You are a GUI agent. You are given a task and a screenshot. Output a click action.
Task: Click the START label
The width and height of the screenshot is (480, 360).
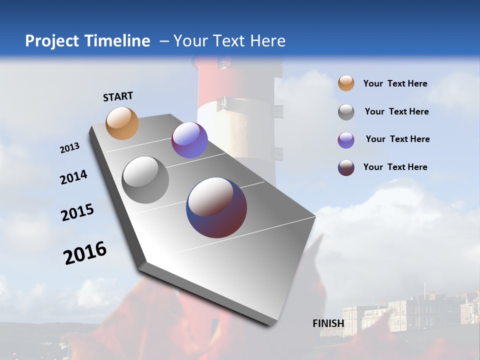click(x=118, y=96)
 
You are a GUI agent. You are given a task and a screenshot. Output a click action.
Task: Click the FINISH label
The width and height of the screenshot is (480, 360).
click(x=328, y=323)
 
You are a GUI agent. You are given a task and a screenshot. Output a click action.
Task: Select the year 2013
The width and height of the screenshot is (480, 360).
click(x=70, y=148)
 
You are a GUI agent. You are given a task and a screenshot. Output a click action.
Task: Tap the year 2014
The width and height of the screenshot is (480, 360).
click(x=74, y=177)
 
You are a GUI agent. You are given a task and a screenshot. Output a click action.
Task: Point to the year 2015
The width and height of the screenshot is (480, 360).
click(x=77, y=212)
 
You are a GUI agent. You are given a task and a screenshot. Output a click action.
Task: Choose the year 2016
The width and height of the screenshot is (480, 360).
click(x=85, y=252)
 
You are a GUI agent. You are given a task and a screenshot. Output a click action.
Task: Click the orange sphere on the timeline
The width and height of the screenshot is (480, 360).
click(x=122, y=123)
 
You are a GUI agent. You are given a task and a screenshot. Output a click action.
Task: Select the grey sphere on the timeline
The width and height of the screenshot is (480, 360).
click(x=145, y=180)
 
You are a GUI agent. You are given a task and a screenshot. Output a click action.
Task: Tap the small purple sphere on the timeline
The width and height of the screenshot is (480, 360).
click(x=189, y=140)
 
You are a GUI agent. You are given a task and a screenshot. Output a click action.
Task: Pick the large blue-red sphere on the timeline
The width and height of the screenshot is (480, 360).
click(x=216, y=207)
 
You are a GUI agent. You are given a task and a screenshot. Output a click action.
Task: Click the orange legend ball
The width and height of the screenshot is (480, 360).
click(x=346, y=83)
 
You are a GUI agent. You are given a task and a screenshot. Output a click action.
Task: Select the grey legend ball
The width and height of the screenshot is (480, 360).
click(x=346, y=112)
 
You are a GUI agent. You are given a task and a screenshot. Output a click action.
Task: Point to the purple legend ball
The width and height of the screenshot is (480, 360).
click(x=346, y=140)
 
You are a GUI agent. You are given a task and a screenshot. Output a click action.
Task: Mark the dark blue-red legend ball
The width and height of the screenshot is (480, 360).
click(x=346, y=167)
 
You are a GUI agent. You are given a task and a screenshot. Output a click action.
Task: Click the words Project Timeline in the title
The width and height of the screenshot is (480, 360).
click(x=87, y=41)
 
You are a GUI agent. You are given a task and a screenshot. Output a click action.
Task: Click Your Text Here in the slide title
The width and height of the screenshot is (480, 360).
click(x=229, y=41)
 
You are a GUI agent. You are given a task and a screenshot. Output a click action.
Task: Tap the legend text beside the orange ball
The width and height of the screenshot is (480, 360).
click(x=395, y=83)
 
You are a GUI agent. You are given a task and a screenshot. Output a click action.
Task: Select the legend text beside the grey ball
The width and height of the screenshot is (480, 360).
click(x=396, y=111)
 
